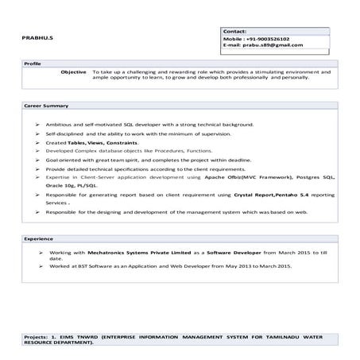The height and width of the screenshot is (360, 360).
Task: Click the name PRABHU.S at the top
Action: pyautogui.click(x=39, y=37)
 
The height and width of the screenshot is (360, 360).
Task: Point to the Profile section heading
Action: pyautogui.click(x=33, y=62)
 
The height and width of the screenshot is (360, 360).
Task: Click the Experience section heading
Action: pyautogui.click(x=38, y=238)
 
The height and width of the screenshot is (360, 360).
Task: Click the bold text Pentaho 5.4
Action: pyautogui.click(x=290, y=194)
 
